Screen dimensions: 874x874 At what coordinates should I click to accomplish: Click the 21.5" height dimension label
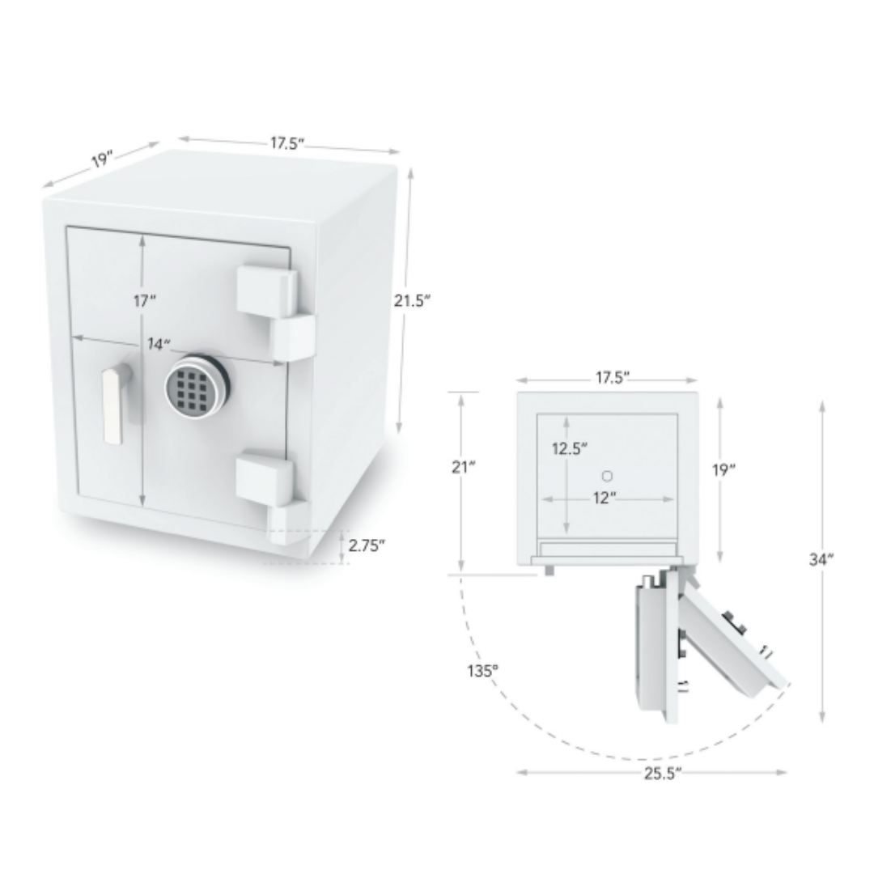(412, 301)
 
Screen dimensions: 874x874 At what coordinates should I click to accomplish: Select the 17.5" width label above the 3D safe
(287, 143)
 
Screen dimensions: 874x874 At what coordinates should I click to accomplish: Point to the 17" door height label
(144, 301)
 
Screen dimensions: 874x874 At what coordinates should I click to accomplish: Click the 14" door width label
(159, 344)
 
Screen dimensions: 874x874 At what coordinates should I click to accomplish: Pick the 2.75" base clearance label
(367, 545)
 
